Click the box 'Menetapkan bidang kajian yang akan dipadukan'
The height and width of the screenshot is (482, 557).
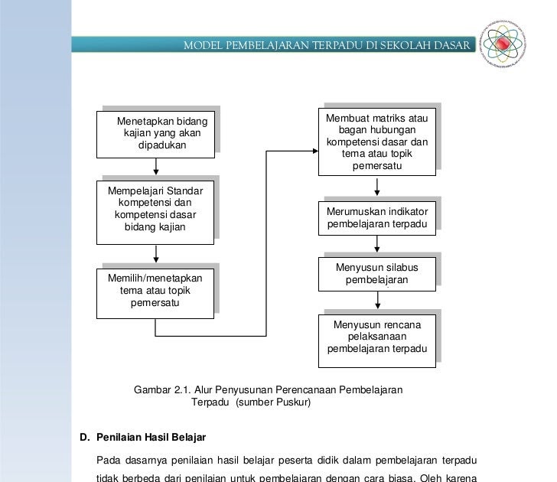click(155, 133)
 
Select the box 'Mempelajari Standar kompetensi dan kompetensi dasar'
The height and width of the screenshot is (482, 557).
click(155, 211)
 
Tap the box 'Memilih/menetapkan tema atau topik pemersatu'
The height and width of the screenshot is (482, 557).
click(155, 291)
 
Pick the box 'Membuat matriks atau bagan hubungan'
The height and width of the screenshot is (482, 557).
click(377, 142)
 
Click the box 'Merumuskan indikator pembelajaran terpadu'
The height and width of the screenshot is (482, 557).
click(376, 217)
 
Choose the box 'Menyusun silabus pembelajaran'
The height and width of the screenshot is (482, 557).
click(376, 273)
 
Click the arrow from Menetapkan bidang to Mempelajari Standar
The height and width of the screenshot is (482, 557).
click(156, 167)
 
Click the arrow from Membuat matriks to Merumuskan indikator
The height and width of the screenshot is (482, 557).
click(376, 187)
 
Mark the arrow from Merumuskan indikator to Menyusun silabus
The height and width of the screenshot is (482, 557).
click(376, 245)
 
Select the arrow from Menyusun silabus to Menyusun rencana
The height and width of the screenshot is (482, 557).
click(376, 301)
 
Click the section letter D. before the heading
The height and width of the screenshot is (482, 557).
click(86, 437)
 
